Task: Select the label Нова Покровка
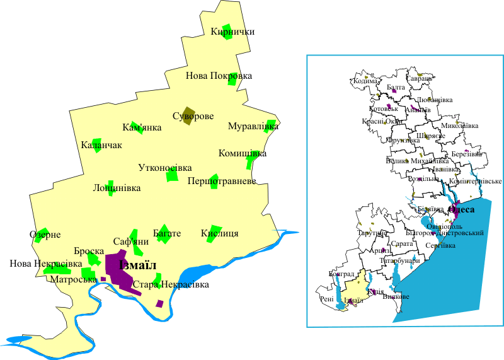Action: [x=219, y=76]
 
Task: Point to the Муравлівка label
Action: [x=253, y=127]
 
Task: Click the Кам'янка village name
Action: [x=142, y=127]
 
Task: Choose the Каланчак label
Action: [x=101, y=145]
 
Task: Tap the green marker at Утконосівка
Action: [x=172, y=177]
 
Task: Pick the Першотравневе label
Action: [x=222, y=182]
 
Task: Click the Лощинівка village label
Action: [x=117, y=188]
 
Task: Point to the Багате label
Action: [x=167, y=233]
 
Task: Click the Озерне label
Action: [x=45, y=235]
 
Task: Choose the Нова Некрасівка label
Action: [x=46, y=263]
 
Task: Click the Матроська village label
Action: [x=74, y=279]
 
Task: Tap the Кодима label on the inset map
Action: [x=366, y=81]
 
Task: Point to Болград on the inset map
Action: [x=341, y=275]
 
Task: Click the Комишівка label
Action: [x=242, y=153]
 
